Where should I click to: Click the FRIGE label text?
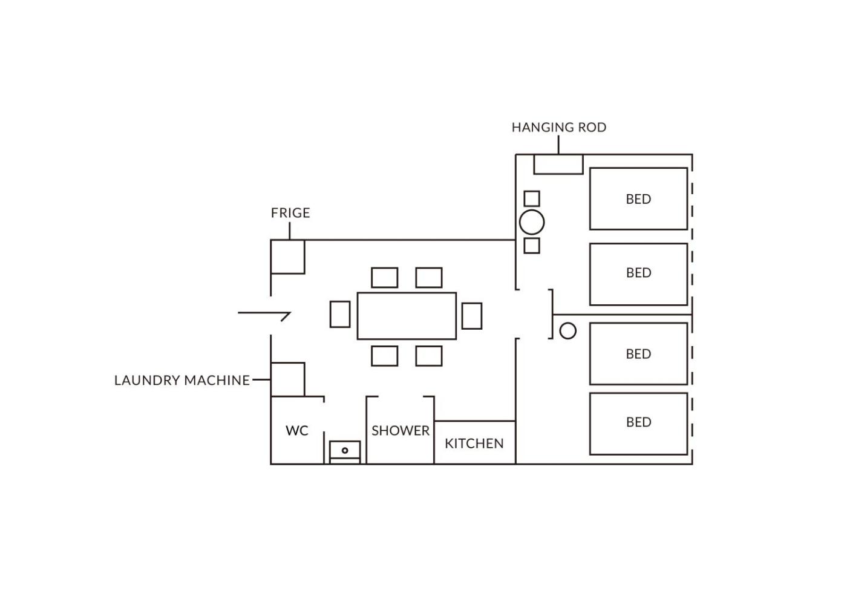click(x=290, y=213)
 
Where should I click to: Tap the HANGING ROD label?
click(x=559, y=128)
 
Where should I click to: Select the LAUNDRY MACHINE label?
click(x=182, y=380)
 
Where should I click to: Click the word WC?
click(x=297, y=430)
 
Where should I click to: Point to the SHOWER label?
click(x=401, y=430)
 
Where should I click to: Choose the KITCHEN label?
click(x=474, y=443)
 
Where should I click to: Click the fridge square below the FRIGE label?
click(x=288, y=257)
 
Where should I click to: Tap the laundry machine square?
click(x=288, y=379)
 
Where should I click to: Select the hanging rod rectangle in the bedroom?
click(x=558, y=164)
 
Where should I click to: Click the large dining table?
click(x=407, y=316)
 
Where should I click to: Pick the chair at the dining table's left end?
click(x=340, y=314)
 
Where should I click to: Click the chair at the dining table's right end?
click(x=472, y=316)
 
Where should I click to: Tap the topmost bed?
click(x=639, y=198)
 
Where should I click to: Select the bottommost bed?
click(x=639, y=424)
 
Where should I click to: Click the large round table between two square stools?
click(x=532, y=223)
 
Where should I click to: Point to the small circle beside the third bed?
click(x=567, y=331)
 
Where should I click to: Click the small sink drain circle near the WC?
click(x=345, y=450)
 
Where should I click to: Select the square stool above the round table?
click(x=532, y=198)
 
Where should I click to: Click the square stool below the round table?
click(x=532, y=246)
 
